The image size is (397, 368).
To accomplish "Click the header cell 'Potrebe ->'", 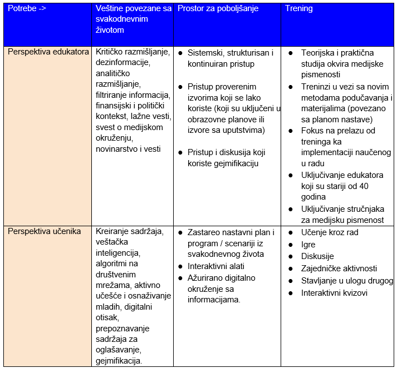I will (27, 9).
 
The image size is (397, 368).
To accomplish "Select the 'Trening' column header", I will (299, 9).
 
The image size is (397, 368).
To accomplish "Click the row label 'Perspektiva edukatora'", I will (48, 52).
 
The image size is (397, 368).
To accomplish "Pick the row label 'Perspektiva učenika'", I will (45, 231).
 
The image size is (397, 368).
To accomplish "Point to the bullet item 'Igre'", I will (308, 244).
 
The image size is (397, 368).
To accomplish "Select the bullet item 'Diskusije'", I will (317, 256).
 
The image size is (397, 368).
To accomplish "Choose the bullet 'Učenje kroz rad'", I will (330, 232).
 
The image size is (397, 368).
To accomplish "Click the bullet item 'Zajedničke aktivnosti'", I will (339, 268).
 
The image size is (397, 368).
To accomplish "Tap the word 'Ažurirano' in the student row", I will (205, 277).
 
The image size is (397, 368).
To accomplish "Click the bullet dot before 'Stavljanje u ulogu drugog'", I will (291, 281).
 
